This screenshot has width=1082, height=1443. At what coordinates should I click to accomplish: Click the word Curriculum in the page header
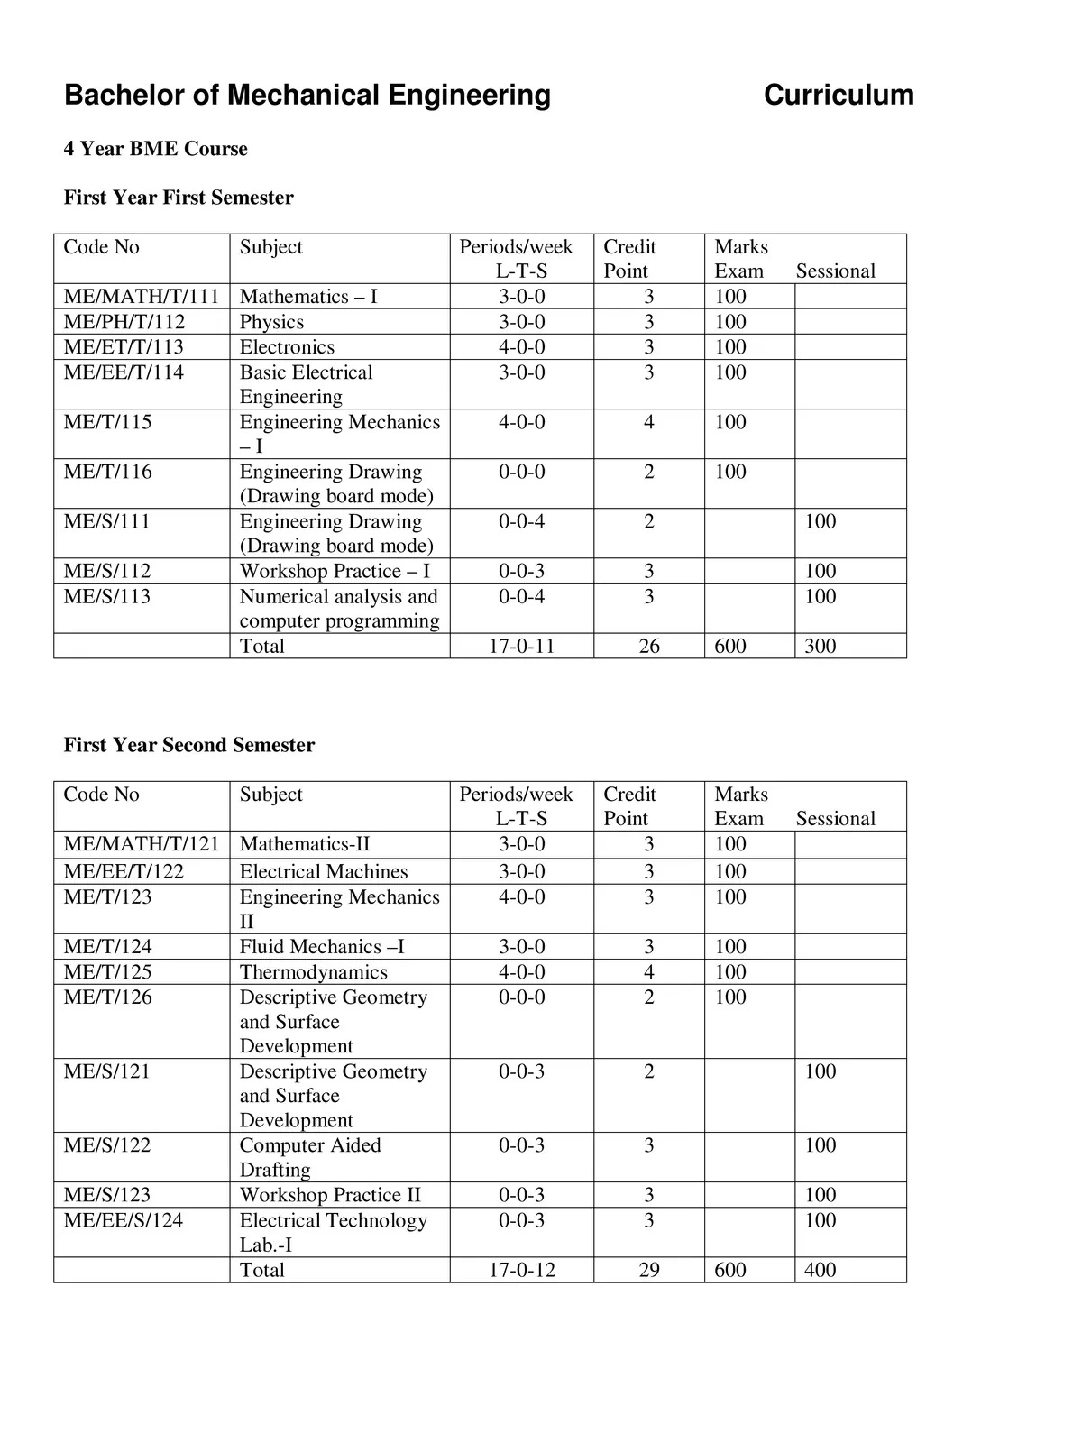click(x=838, y=95)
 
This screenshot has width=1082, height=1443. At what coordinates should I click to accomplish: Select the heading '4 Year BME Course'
click(x=155, y=149)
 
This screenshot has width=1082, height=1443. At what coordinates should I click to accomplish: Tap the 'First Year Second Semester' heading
click(x=189, y=745)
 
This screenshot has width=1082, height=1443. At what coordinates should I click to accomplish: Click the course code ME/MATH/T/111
click(x=142, y=297)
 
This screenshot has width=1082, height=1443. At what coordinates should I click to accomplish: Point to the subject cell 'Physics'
click(x=271, y=322)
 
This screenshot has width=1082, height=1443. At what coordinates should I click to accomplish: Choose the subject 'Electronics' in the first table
click(x=287, y=347)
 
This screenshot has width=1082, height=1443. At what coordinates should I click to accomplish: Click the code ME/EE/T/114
click(x=124, y=372)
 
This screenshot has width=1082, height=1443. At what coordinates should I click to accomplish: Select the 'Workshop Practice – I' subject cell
click(x=335, y=571)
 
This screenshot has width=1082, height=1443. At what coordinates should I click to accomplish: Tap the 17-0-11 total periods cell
click(x=521, y=646)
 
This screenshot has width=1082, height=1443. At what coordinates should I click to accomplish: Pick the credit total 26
click(x=649, y=646)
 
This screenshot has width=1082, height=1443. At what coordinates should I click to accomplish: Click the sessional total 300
click(x=821, y=646)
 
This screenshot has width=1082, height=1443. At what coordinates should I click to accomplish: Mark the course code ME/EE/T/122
click(x=124, y=871)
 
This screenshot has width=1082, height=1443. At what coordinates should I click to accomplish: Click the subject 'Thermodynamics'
click(x=313, y=972)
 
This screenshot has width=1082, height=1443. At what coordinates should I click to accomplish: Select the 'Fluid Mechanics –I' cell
click(x=322, y=947)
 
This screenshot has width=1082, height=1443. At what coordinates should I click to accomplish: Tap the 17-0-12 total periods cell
click(x=522, y=1270)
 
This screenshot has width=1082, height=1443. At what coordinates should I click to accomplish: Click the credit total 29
click(x=649, y=1270)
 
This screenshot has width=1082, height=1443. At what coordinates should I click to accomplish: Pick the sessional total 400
click(x=821, y=1270)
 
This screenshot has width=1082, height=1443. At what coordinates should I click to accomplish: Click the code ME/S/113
click(x=107, y=596)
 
